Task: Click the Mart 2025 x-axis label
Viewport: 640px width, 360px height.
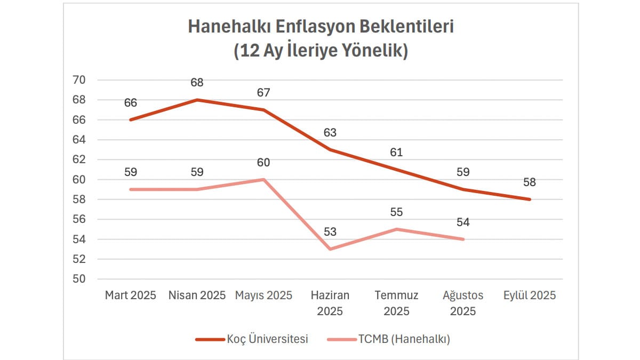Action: (131, 295)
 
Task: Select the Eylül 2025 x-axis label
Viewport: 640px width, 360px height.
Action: (530, 295)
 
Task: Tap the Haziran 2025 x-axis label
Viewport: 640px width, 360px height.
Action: (330, 303)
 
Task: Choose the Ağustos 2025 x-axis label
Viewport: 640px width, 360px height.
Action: (463, 303)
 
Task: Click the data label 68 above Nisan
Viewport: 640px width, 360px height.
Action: (197, 83)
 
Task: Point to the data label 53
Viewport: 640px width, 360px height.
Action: (330, 232)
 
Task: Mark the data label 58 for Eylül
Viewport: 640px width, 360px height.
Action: (530, 182)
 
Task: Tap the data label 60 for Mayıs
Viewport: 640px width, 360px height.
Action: (263, 162)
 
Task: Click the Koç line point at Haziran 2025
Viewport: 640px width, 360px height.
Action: (330, 150)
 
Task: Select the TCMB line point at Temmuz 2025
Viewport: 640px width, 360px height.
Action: (397, 229)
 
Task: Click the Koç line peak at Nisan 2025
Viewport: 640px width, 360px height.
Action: (197, 100)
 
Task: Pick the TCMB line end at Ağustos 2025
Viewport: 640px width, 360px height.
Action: (463, 239)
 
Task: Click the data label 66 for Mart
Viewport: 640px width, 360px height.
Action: (131, 103)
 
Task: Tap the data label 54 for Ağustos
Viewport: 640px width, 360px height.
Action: (463, 222)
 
